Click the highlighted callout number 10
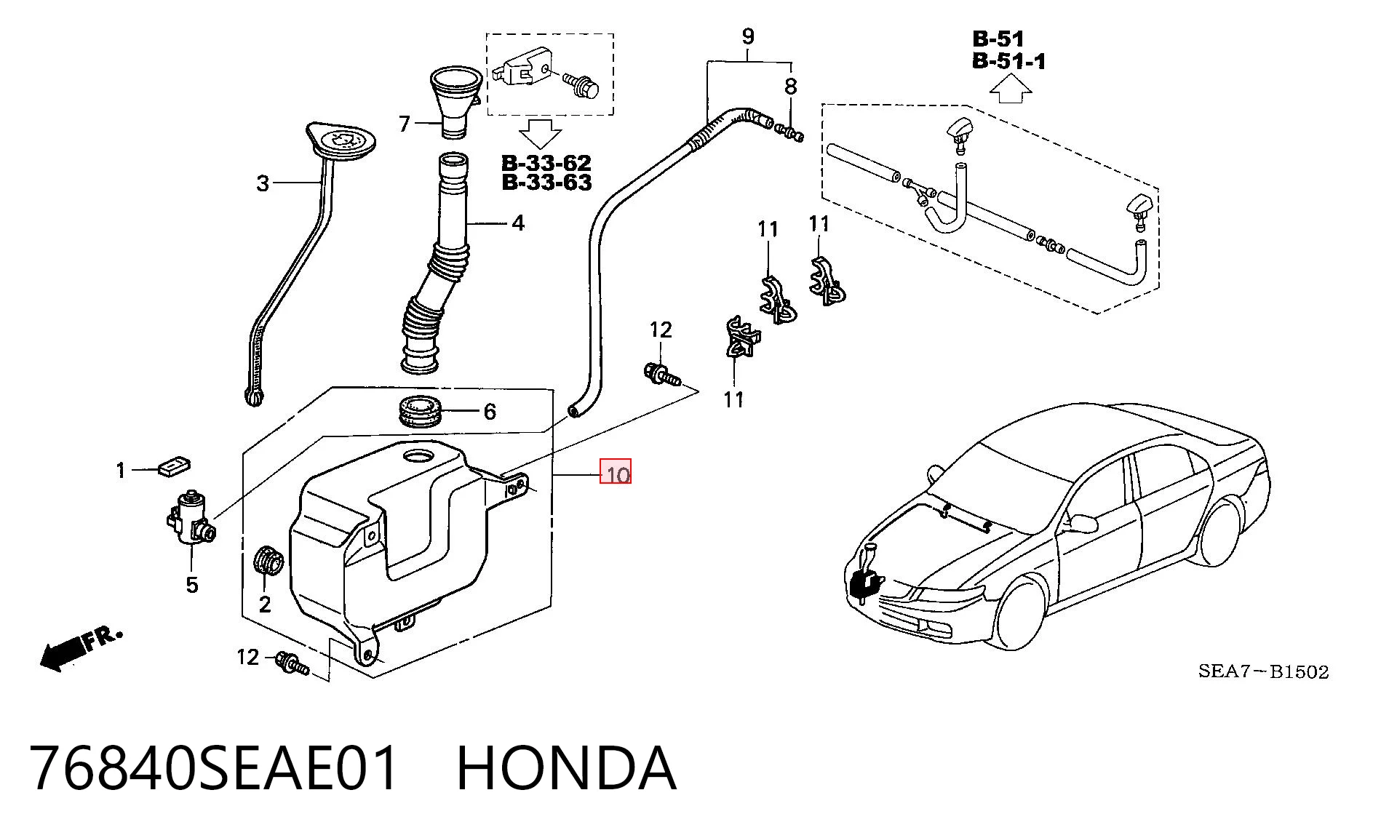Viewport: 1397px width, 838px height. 616,475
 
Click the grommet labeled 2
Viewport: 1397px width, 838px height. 268,561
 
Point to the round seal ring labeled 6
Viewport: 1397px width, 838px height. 421,411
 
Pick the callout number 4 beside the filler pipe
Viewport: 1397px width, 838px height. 518,223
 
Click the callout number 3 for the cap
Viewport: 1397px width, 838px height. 263,183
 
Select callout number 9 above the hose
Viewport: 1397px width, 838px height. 748,36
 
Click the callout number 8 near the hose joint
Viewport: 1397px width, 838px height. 791,87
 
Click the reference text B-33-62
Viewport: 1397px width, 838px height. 546,162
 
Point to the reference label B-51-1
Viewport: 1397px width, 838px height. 1009,61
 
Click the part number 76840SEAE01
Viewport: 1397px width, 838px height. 215,769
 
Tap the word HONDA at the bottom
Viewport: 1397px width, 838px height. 566,769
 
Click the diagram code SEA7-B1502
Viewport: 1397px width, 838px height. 1264,671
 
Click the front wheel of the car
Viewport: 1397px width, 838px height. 1022,612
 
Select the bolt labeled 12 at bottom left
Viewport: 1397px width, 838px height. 292,663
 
